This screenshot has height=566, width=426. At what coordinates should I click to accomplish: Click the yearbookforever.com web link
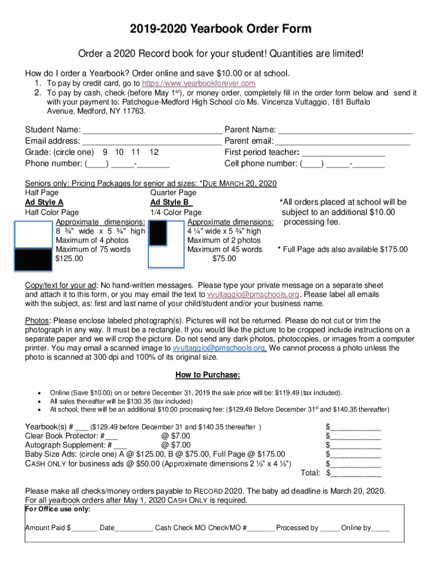(x=202, y=83)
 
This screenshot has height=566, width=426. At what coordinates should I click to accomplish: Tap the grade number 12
(x=154, y=152)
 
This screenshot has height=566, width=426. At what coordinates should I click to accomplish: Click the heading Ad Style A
(x=44, y=202)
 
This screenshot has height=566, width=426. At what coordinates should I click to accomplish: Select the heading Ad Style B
(x=171, y=202)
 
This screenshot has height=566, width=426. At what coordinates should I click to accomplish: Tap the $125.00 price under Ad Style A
(x=69, y=258)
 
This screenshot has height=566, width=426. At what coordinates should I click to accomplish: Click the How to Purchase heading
(x=207, y=375)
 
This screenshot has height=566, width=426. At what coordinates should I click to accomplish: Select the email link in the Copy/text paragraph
(x=253, y=294)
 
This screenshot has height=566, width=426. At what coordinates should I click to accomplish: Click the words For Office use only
(x=58, y=509)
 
